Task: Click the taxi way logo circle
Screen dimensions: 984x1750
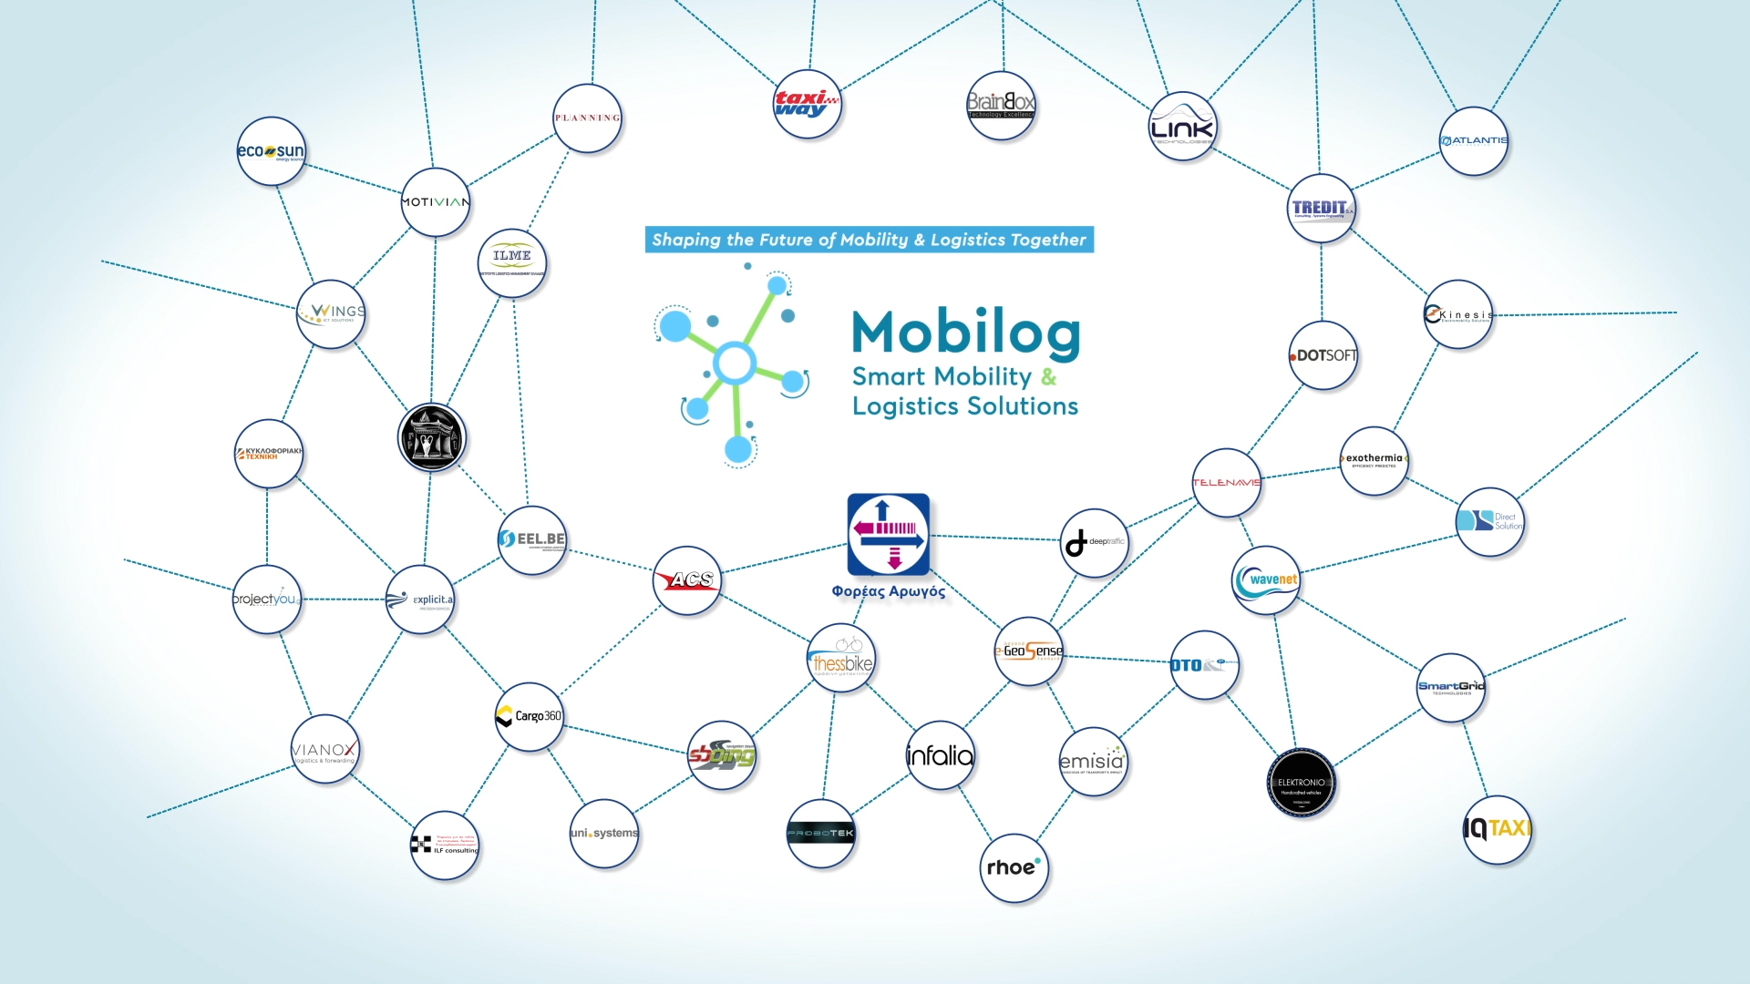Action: (807, 104)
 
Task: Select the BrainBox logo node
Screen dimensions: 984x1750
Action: (1001, 105)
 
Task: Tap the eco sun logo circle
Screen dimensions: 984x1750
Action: (271, 151)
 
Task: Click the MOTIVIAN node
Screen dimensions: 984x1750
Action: (436, 202)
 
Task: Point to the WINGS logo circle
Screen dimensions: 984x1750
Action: (331, 313)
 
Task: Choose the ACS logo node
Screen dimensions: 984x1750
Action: (687, 580)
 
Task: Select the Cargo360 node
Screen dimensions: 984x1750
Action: (530, 716)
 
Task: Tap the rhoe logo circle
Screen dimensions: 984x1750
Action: (1014, 867)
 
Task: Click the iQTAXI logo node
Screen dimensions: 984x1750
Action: (1497, 829)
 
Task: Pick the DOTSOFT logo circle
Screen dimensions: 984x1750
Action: (1323, 355)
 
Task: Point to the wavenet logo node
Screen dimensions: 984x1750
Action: (1266, 580)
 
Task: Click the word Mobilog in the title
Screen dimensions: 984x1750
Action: (966, 333)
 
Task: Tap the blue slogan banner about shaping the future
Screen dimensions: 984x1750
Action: (869, 240)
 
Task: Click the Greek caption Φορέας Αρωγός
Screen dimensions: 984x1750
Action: (889, 591)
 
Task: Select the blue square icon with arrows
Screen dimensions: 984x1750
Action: (889, 535)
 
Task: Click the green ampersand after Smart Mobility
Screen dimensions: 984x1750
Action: (1049, 376)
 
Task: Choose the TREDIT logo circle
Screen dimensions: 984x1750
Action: (1322, 209)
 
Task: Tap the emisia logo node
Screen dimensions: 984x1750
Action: (1093, 762)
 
